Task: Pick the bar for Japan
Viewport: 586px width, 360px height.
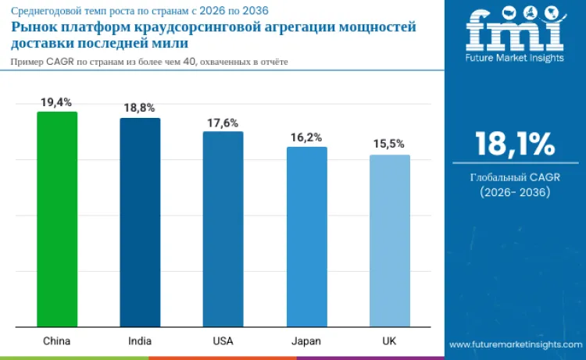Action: (306, 237)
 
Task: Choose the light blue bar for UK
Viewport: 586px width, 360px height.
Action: (389, 241)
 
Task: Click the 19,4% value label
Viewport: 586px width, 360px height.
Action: (57, 102)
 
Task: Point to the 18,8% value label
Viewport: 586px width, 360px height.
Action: (140, 109)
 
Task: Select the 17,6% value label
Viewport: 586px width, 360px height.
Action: (223, 123)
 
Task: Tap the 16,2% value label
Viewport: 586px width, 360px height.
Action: (306, 137)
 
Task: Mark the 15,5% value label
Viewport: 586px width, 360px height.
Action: (389, 145)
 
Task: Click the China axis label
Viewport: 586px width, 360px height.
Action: (57, 341)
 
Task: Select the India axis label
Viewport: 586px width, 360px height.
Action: (140, 341)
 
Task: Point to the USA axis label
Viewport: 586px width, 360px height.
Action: (223, 341)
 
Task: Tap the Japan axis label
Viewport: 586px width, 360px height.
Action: (306, 341)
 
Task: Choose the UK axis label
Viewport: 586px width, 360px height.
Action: (389, 341)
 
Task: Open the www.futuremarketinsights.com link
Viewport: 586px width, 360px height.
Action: (515, 344)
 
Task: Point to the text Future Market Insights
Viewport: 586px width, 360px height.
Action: (515, 58)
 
